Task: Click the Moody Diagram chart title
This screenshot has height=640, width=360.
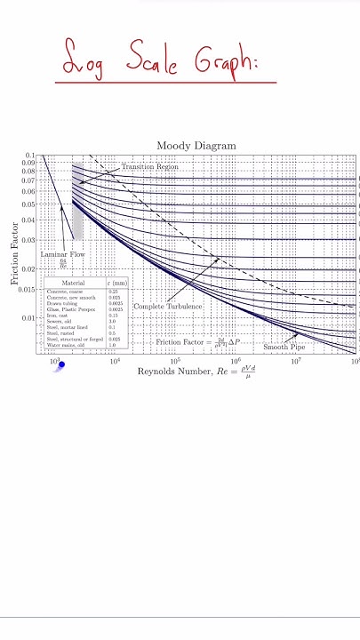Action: [196, 146]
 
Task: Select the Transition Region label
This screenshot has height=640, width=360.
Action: [149, 166]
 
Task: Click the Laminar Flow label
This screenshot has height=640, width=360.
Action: [61, 254]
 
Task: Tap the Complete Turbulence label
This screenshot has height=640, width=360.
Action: [168, 306]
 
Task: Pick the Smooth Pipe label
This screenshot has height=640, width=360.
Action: [284, 347]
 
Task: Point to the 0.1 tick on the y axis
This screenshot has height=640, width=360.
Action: [30, 156]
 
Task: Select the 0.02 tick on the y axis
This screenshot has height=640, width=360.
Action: [28, 269]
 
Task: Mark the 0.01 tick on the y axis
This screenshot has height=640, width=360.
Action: [28, 317]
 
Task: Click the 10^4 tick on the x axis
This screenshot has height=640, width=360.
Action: [115, 362]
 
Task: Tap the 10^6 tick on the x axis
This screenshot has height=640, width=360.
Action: [236, 362]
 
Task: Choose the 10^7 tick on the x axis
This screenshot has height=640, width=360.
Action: [296, 362]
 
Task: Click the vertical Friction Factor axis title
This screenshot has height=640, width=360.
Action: [14, 253]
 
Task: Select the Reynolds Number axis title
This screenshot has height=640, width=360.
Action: [195, 372]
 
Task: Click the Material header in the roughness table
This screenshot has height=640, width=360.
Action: [73, 283]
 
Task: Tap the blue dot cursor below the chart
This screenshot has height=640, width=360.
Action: [61, 364]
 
